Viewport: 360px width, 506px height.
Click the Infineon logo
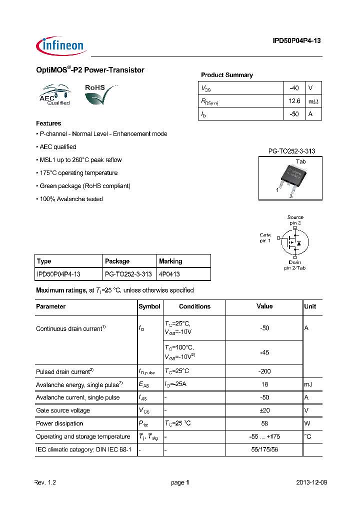(61, 45)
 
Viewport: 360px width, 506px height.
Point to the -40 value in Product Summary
(294, 88)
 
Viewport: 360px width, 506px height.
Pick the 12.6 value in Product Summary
(294, 101)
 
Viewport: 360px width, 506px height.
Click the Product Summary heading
(226, 75)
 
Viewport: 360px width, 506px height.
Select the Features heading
(48, 123)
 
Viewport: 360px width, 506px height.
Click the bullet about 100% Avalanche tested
(69, 199)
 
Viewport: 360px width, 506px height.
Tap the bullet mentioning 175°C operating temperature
(77, 173)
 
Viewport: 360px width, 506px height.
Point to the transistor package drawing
(290, 178)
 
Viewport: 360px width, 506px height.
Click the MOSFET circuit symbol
(293, 242)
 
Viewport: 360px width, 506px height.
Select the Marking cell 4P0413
(169, 274)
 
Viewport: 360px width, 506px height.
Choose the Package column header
(117, 261)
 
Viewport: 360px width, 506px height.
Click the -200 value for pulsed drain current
(264, 371)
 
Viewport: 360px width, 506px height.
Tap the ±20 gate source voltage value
(264, 410)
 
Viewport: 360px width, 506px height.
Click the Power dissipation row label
(56, 423)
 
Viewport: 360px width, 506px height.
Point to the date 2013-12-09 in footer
(311, 482)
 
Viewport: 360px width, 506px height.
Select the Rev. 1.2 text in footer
(45, 482)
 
